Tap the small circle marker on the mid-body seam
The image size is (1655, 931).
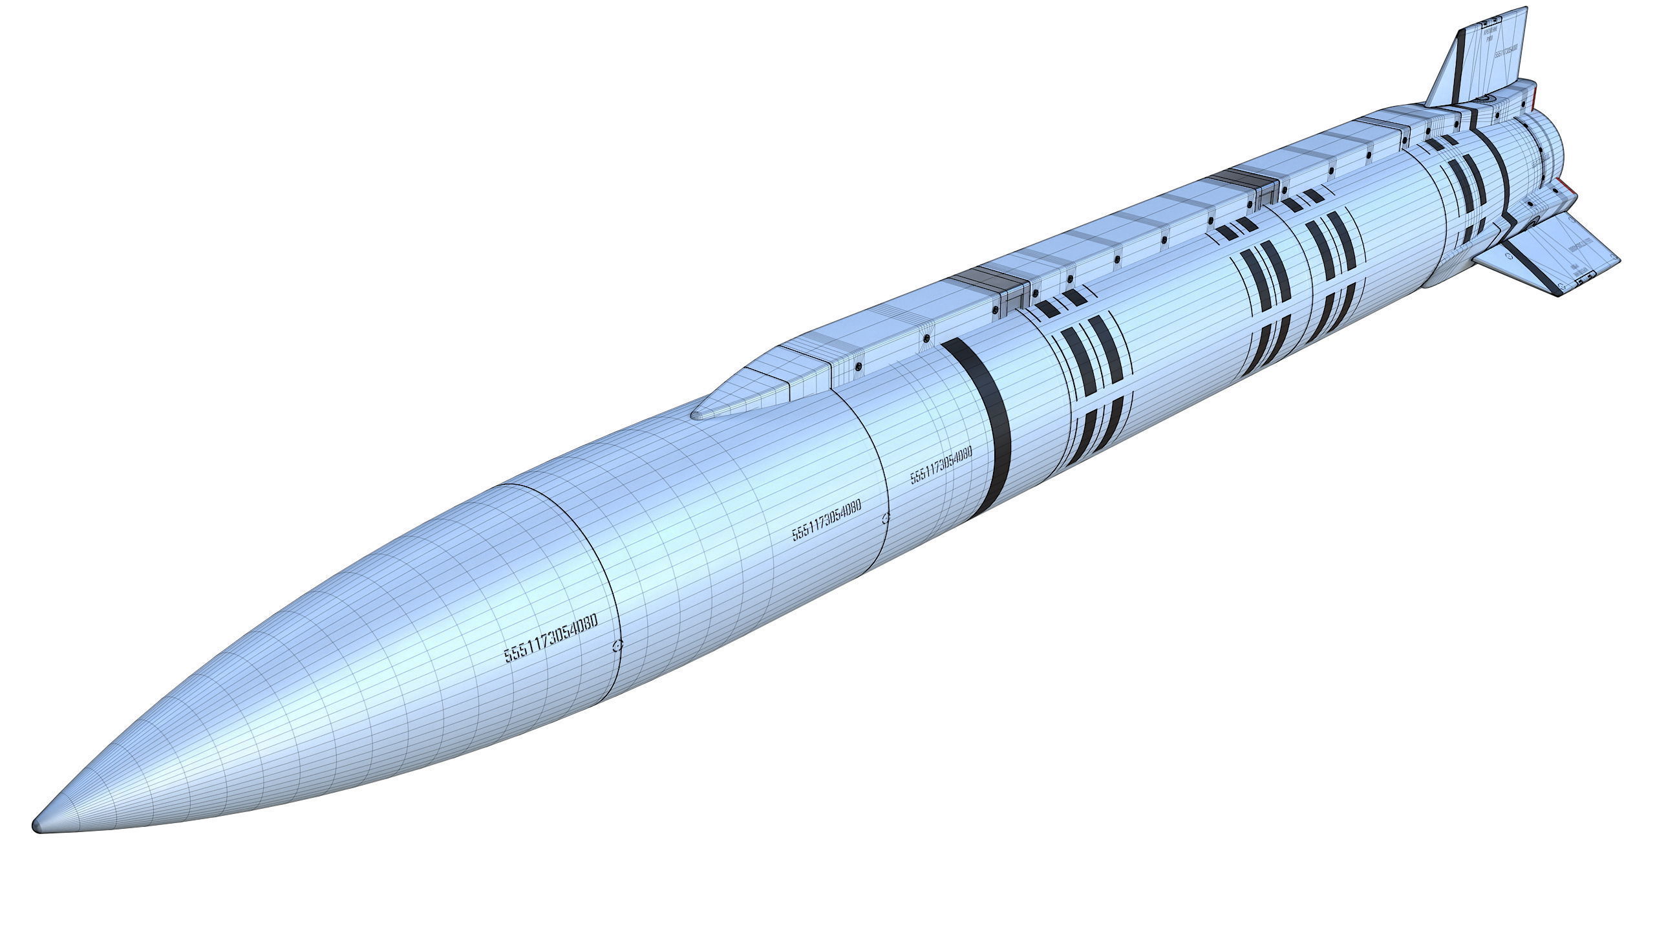(886, 517)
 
